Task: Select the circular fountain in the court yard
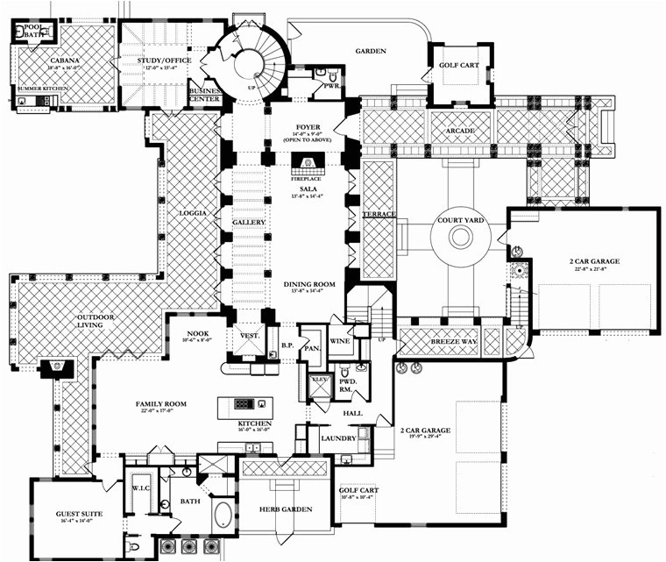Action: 462,238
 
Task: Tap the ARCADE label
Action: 460,131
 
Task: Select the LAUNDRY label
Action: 338,437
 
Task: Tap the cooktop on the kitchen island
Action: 244,403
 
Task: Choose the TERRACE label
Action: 379,214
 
